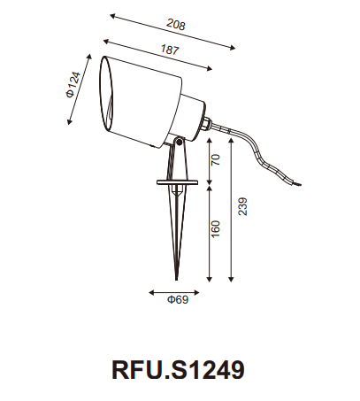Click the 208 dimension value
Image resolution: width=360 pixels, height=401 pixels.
[180, 27]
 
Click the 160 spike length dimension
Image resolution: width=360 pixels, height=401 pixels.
[217, 228]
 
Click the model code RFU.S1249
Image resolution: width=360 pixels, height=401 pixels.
[179, 365]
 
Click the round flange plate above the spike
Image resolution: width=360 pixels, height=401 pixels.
[178, 182]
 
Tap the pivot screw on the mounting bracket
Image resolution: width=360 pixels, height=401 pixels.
[176, 141]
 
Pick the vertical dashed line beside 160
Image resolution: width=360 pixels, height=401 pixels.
[208, 230]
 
